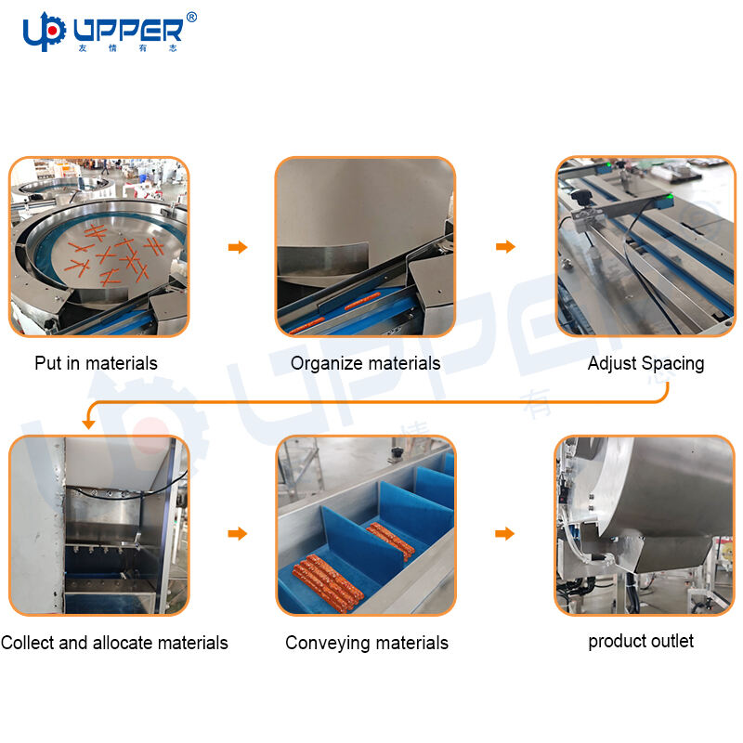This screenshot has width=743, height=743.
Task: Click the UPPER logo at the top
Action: click(110, 32)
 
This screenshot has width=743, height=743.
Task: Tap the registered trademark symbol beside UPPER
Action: click(191, 18)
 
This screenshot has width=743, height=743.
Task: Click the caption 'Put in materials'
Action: click(96, 363)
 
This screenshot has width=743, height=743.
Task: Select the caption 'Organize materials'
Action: click(365, 363)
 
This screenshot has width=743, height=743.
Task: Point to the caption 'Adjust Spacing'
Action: click(645, 363)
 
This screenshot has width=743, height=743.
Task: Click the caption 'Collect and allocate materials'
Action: click(114, 643)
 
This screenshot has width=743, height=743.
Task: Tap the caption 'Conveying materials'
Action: click(367, 643)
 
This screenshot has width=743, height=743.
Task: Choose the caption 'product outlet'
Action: click(641, 641)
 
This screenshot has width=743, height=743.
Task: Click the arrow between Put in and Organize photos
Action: click(238, 247)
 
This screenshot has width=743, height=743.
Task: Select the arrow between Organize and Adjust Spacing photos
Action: click(505, 246)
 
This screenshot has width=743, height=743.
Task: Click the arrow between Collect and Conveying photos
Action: click(238, 533)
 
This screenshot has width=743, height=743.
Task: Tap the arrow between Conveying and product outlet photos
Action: click(504, 533)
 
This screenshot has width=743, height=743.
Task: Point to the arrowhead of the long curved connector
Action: click(88, 424)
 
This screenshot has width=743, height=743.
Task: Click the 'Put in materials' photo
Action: click(99, 246)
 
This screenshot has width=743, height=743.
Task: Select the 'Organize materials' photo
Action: click(365, 246)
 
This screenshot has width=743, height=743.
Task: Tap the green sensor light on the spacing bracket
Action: click(670, 196)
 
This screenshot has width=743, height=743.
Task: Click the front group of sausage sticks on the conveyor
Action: click(328, 583)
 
